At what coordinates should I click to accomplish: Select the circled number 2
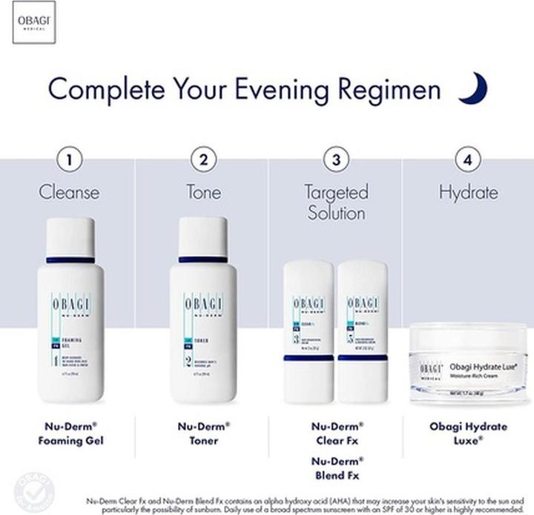point(203,159)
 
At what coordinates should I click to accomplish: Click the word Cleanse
point(69,192)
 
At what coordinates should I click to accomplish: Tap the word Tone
point(203,192)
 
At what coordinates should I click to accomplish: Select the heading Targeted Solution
point(336,203)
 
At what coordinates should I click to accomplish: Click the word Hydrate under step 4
point(468,192)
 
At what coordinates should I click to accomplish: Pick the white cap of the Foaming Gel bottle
point(70,237)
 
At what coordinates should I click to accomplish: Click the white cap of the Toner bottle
point(202,237)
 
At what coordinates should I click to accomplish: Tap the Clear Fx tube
point(309,330)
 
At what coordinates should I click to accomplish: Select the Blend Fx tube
point(363,330)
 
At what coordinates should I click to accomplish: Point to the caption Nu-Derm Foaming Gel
point(70,433)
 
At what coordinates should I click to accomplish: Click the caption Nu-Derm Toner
point(203,433)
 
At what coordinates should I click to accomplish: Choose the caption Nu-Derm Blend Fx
point(336,468)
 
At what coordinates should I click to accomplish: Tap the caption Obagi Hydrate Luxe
point(468,433)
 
